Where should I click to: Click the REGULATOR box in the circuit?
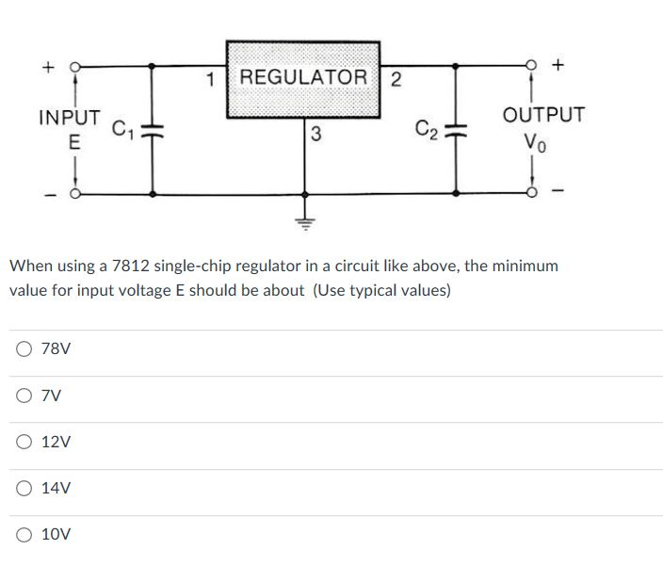302,77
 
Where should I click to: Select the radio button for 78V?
23,349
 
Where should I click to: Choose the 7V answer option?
23,396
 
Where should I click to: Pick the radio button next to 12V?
23,442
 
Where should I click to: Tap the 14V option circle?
23,488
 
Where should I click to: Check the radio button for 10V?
23,534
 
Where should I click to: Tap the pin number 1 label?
212,78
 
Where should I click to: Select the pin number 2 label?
396,78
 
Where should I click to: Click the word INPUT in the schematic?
70,118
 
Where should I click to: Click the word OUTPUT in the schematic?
543,115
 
